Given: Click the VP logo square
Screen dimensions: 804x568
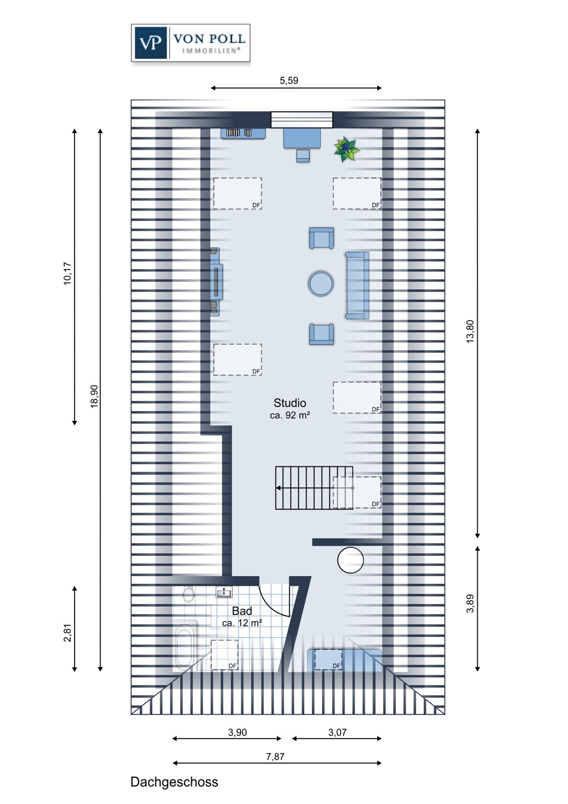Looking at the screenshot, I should [x=151, y=42].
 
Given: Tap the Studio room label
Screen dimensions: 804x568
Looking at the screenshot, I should [x=290, y=403].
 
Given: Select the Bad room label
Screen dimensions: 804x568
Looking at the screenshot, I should [x=242, y=611].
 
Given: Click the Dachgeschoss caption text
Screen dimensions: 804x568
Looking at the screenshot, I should [x=174, y=782].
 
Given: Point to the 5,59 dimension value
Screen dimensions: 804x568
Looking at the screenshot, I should [x=289, y=81].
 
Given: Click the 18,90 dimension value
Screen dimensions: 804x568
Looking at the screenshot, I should [x=94, y=397].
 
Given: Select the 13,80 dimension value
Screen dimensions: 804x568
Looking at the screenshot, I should [x=470, y=331].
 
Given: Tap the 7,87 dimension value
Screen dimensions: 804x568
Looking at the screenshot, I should [x=275, y=757].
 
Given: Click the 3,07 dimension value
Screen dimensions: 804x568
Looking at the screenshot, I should [x=338, y=732].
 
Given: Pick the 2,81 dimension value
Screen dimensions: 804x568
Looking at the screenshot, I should [x=68, y=632].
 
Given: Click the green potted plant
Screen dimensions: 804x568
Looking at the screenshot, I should [x=347, y=148].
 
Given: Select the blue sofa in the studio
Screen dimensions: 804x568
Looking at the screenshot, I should [x=357, y=285].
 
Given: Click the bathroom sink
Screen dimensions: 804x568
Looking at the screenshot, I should [x=224, y=592].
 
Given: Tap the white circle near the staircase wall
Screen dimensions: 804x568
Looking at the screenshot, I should [x=350, y=561].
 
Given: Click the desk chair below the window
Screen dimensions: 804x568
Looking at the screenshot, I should [x=303, y=155].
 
